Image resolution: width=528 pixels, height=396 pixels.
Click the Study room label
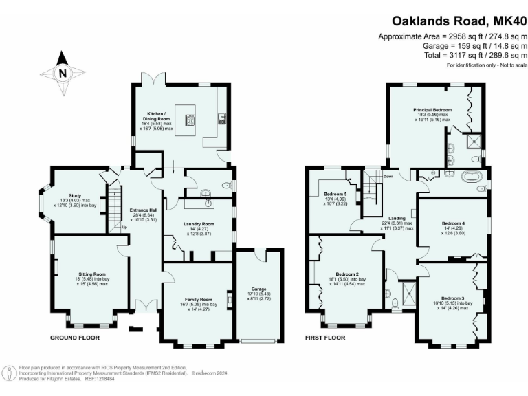point(76,196)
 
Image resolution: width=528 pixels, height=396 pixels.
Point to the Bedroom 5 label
point(335,195)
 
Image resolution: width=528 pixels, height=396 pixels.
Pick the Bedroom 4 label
point(453,224)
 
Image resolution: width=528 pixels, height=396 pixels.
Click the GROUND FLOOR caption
point(75,338)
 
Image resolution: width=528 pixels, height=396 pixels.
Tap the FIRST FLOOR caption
point(325,338)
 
